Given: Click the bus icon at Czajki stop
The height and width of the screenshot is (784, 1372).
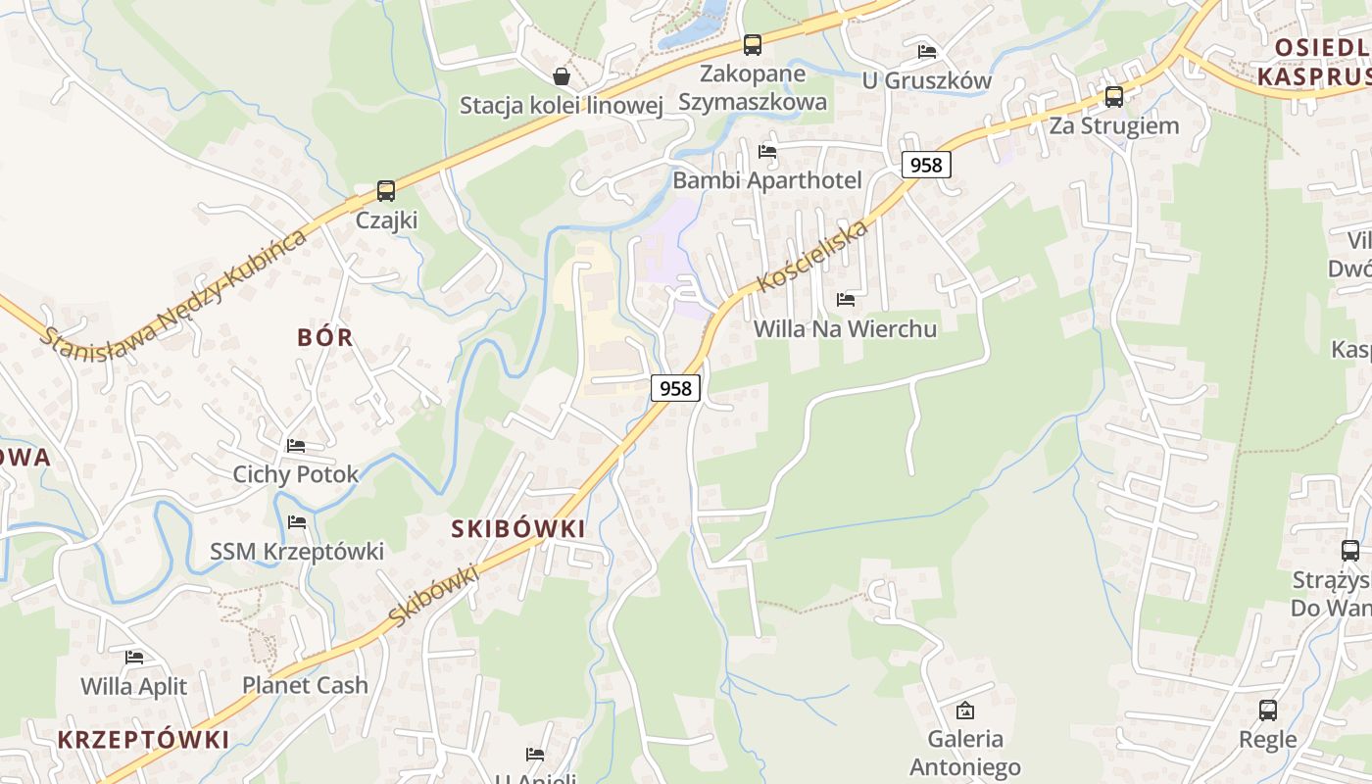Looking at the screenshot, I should [x=386, y=190].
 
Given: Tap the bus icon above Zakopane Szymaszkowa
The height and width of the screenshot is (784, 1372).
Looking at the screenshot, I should [x=752, y=44].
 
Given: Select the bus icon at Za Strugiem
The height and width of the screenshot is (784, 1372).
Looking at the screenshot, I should [x=1113, y=96].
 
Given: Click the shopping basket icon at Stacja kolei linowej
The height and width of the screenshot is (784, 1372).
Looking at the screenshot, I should [x=562, y=75].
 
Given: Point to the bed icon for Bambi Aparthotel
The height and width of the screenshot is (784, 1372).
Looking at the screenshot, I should [x=767, y=151].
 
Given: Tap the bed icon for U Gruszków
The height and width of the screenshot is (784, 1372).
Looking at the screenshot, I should [x=926, y=51].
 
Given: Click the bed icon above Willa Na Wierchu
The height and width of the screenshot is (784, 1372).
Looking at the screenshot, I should [x=846, y=299].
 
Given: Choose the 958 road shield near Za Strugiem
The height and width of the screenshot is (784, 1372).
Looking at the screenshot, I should [x=926, y=165].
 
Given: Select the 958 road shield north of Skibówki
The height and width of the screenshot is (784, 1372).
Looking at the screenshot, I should [x=675, y=388].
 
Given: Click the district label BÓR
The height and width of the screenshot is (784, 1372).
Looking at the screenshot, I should [x=325, y=337].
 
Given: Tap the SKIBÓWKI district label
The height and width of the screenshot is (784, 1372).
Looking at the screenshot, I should [x=518, y=528].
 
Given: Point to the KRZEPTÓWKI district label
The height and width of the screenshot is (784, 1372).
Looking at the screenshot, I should [x=143, y=739].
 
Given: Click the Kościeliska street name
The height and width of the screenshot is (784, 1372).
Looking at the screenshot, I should [x=813, y=256].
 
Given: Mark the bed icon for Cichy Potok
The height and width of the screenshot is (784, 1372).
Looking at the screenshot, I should [x=296, y=445].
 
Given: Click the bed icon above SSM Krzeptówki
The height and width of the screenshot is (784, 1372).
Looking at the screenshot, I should [x=297, y=521].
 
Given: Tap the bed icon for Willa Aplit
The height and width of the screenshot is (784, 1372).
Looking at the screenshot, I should [x=134, y=657].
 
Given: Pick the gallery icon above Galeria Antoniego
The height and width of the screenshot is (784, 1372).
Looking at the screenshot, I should [x=965, y=710].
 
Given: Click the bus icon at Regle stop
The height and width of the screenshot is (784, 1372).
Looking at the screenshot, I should [x=1267, y=710].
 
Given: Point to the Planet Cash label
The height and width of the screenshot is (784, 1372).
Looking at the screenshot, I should [x=305, y=685].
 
